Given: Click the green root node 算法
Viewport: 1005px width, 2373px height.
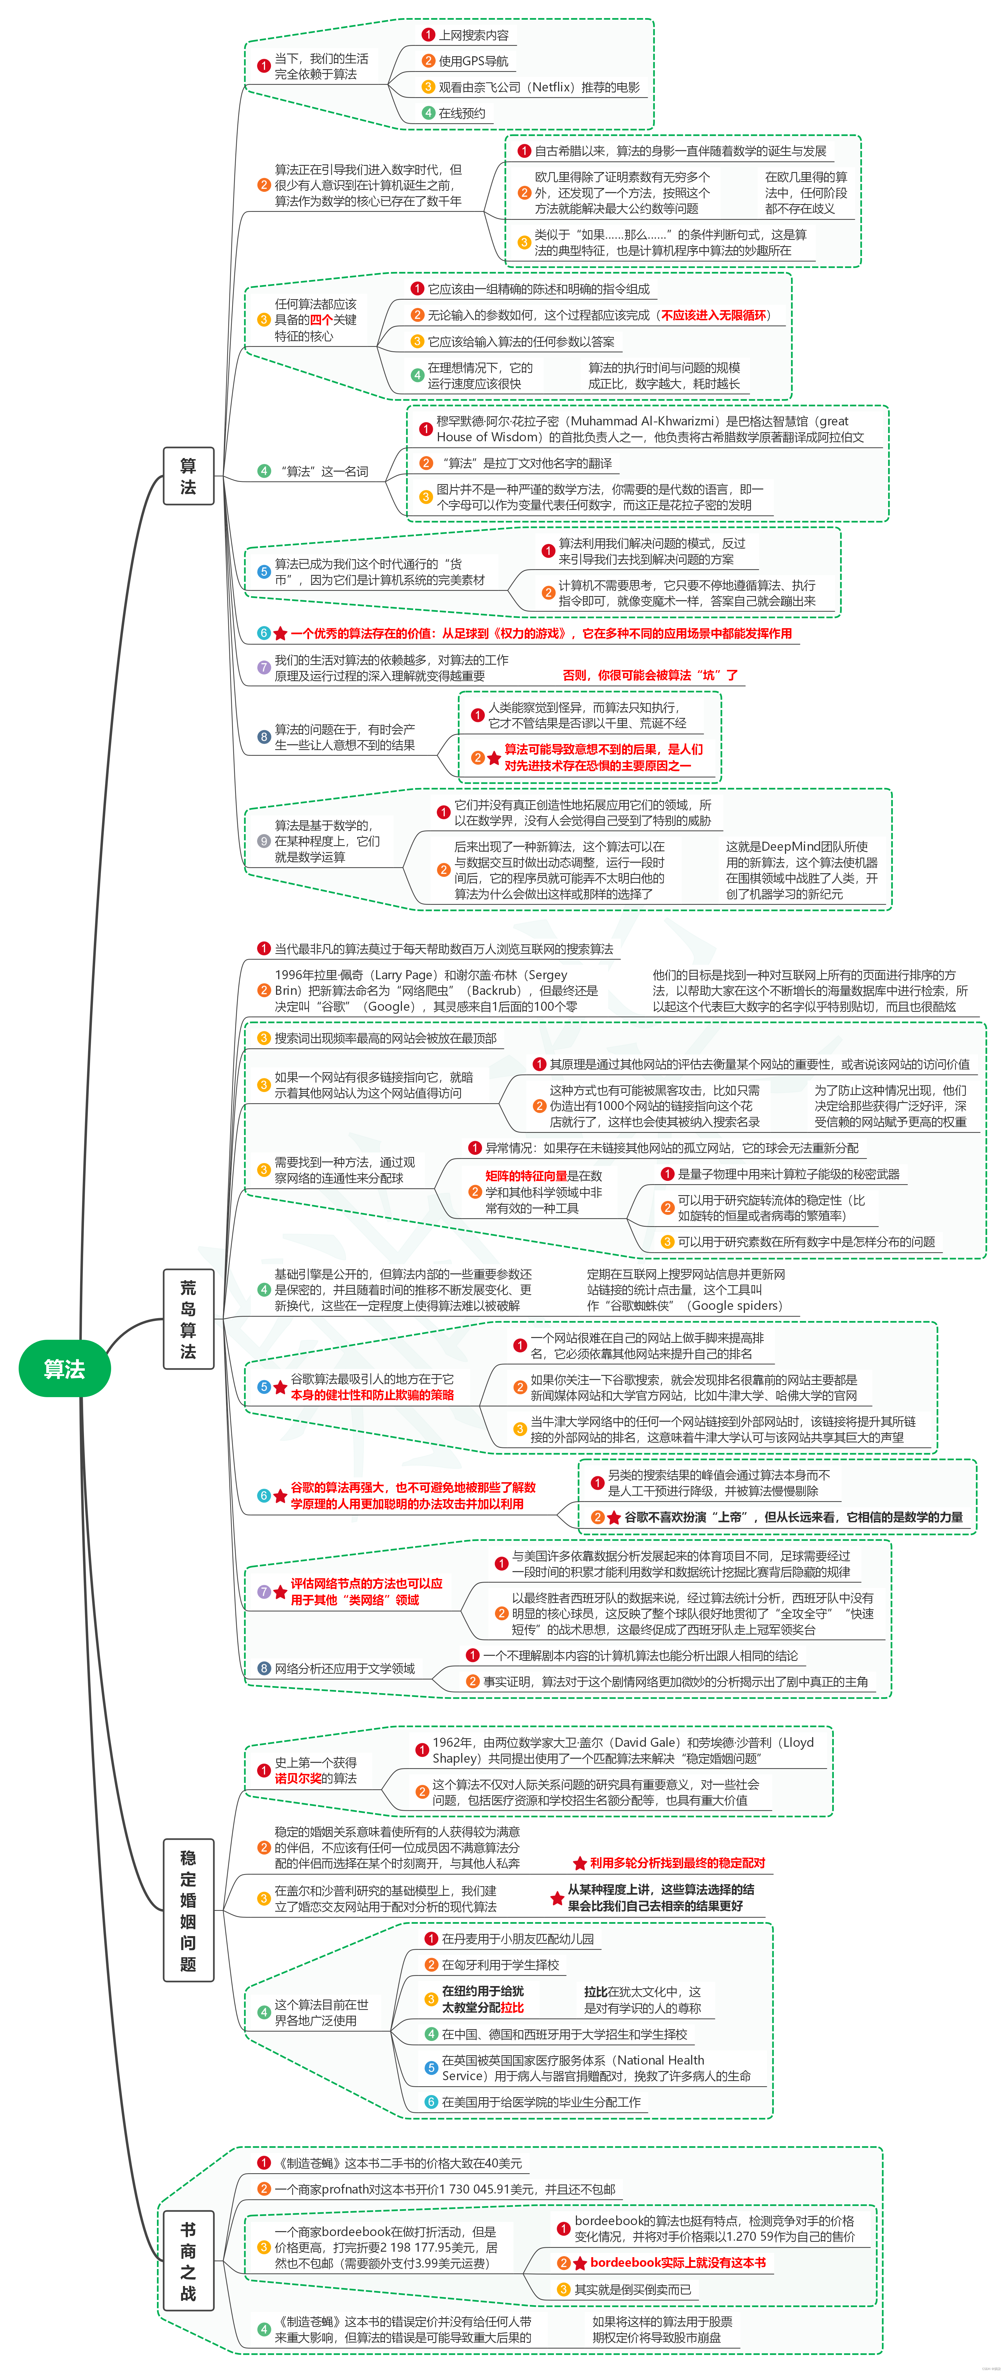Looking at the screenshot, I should click(x=64, y=1369).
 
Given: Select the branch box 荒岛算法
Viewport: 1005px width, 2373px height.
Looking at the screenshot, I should click(x=188, y=1319).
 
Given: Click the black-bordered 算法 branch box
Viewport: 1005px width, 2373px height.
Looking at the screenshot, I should click(x=188, y=475).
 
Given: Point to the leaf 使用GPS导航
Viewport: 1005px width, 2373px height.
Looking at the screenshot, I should click(x=472, y=61).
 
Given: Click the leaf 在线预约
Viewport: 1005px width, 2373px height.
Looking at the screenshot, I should click(x=461, y=113).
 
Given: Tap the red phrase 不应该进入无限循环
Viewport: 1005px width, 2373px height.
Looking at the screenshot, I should click(x=714, y=315).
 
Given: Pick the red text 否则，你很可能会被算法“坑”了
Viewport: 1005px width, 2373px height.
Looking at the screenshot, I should click(x=650, y=675).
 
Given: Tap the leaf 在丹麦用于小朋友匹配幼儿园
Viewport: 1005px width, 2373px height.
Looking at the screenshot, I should click(x=517, y=1938).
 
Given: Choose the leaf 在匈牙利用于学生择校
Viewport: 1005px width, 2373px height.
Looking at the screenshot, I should click(x=500, y=1964).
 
